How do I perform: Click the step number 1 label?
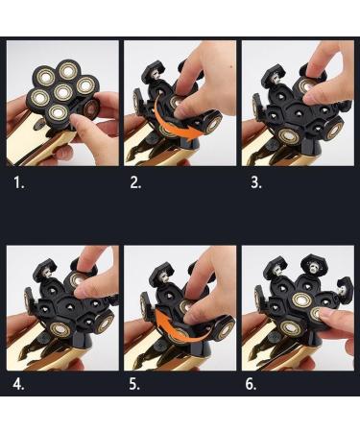tap(19, 183)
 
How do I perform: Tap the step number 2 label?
tap(135, 183)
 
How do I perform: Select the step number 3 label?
tap(256, 183)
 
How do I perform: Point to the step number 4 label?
tap(18, 384)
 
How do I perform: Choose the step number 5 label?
tap(134, 384)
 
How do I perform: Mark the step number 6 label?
tap(251, 384)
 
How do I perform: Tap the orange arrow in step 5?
tap(180, 333)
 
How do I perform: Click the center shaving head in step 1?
tap(62, 93)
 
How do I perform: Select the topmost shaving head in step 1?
tap(68, 70)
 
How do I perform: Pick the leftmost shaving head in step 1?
tap(40, 98)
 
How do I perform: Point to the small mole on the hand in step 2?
tap(230, 68)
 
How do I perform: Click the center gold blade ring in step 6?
tap(301, 300)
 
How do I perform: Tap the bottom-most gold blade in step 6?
tap(291, 328)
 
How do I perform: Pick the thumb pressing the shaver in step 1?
tap(80, 124)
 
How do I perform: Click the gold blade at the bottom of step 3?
tap(289, 136)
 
